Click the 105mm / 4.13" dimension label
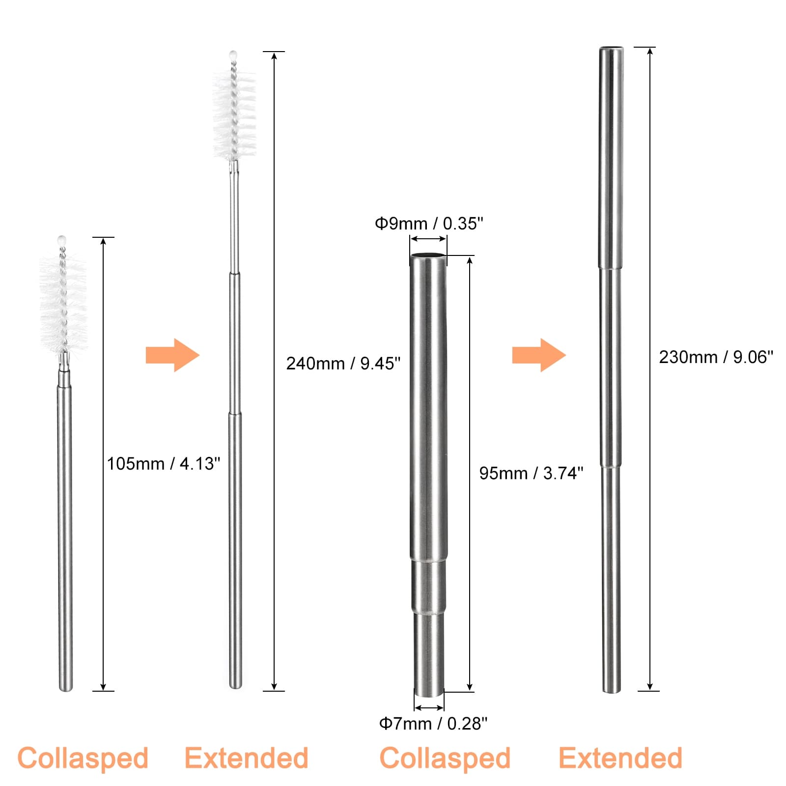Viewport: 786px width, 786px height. (164, 463)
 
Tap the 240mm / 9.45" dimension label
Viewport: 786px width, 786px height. (343, 364)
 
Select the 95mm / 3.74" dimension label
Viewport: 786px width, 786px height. (531, 473)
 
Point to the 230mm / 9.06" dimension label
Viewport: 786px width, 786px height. (716, 357)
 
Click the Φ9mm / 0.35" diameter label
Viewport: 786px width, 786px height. (429, 224)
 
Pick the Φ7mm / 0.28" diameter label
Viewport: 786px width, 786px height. (433, 724)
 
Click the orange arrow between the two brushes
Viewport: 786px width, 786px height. (172, 355)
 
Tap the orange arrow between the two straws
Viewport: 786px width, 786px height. (539, 355)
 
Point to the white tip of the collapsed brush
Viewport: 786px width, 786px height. (61, 240)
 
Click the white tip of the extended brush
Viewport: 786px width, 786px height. (233, 55)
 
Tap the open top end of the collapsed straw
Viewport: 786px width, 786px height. (428, 255)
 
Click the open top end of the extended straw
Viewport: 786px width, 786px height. (611, 49)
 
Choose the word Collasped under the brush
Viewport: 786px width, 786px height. (83, 758)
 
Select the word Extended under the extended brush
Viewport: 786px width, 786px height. (246, 758)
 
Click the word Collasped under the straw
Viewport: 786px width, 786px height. (445, 758)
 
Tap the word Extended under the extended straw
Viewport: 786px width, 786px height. (620, 758)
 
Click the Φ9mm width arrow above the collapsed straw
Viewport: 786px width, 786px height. (428, 239)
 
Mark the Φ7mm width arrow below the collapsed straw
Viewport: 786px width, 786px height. (429, 708)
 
